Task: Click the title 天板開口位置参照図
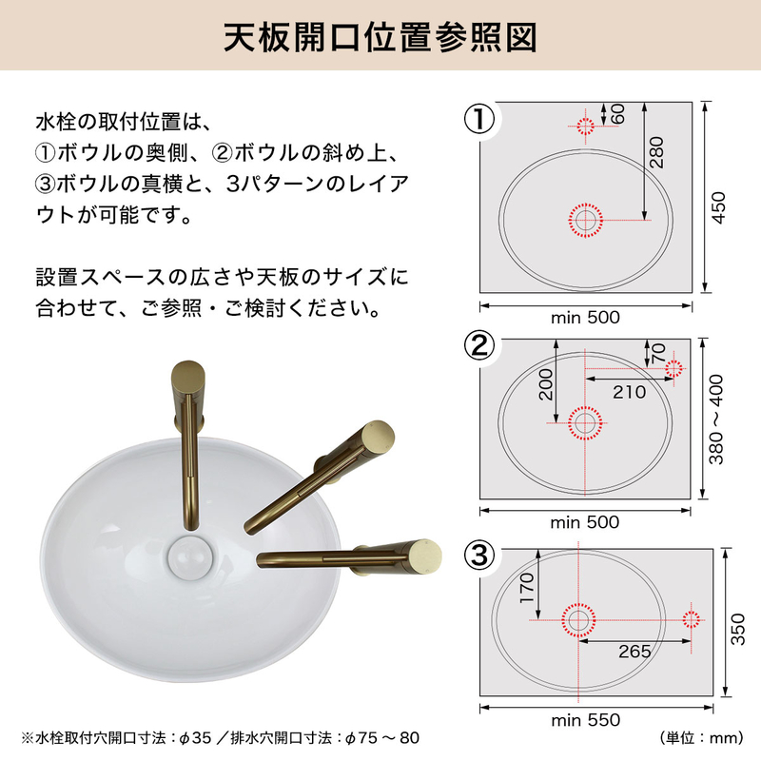(380, 37)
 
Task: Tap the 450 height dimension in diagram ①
(718, 207)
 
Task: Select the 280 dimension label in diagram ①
(656, 152)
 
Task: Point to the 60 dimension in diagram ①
(617, 113)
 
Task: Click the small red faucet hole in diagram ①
(585, 127)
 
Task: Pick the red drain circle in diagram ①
(585, 220)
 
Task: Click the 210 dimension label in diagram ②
(629, 392)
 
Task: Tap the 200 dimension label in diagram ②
(546, 384)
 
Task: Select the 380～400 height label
(716, 419)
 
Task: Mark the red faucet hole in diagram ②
(673, 368)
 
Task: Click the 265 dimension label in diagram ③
(634, 652)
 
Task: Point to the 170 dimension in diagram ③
(527, 588)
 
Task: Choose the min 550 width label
(585, 720)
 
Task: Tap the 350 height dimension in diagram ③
(737, 629)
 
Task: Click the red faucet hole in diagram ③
(692, 619)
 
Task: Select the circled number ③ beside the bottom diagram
(479, 555)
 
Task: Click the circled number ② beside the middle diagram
(479, 346)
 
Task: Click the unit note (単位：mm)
(701, 738)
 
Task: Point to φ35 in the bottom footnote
(195, 738)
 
